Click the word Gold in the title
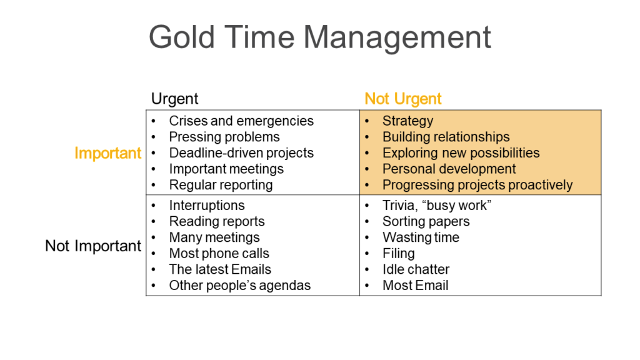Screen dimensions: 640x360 [182, 37]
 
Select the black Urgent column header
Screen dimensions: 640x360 [175, 99]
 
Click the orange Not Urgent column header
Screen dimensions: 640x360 [403, 99]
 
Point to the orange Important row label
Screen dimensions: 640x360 [107, 154]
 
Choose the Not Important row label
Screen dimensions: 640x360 [93, 246]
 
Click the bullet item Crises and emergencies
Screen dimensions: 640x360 [241, 121]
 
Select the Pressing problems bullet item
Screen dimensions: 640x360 [224, 137]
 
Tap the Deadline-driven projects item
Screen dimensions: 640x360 [241, 153]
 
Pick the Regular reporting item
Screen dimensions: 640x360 [221, 185]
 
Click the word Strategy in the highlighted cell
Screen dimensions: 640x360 [407, 121]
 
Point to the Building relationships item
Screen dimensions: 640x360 [446, 137]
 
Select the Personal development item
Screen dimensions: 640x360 [449, 169]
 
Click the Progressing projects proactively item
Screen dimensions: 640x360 [477, 185]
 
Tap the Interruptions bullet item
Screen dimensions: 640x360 [207, 206]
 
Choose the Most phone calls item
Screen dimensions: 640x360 [219, 254]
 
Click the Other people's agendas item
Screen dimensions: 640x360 [240, 286]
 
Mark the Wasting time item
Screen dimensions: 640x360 [421, 237]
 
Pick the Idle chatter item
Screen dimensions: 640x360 [416, 269]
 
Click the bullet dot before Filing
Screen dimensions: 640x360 [367, 254]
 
